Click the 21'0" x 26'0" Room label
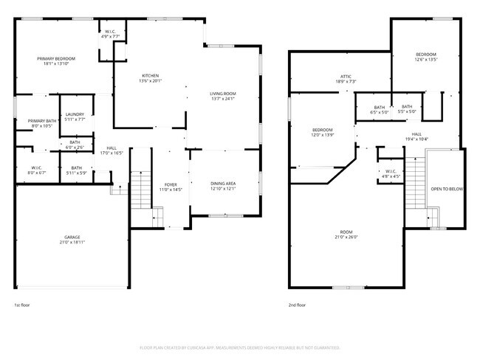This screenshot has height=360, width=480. click(x=346, y=235)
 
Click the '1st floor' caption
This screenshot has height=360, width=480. click(x=23, y=305)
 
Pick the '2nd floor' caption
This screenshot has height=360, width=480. click(x=298, y=305)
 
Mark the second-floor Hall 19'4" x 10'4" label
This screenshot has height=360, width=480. click(x=416, y=136)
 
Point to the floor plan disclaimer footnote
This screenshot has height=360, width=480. click(x=239, y=347)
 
